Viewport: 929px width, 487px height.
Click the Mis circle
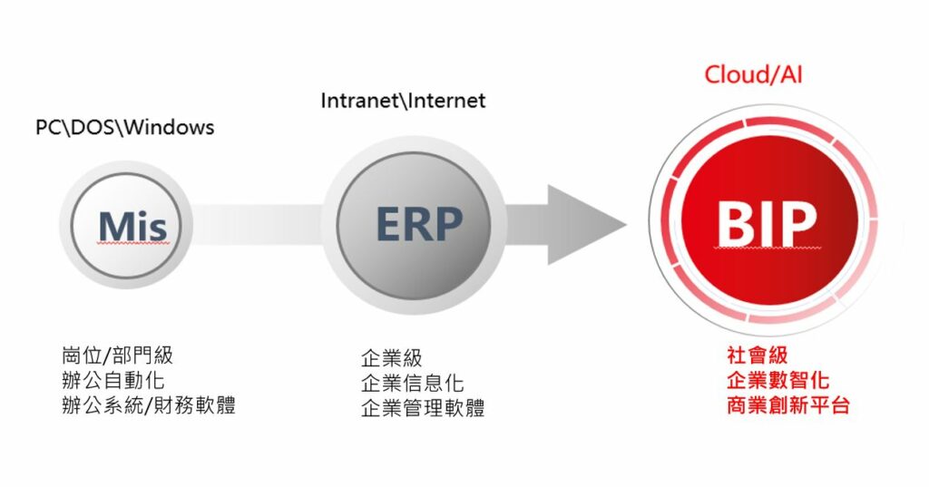(x=132, y=226)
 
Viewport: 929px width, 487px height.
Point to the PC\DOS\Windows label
(x=125, y=127)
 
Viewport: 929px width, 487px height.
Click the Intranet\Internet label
(x=403, y=100)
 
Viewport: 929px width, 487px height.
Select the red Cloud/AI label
(x=753, y=73)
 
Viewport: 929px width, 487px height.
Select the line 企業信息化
(x=412, y=382)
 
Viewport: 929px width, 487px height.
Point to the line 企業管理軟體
(x=423, y=407)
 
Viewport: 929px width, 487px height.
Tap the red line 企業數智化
(x=777, y=379)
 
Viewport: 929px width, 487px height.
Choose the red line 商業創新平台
(x=787, y=404)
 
